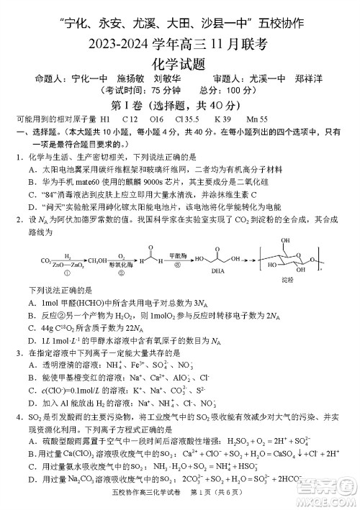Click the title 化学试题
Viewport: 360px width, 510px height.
point(179,65)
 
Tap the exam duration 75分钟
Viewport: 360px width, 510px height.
point(156,91)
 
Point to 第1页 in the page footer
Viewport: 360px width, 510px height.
point(202,501)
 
